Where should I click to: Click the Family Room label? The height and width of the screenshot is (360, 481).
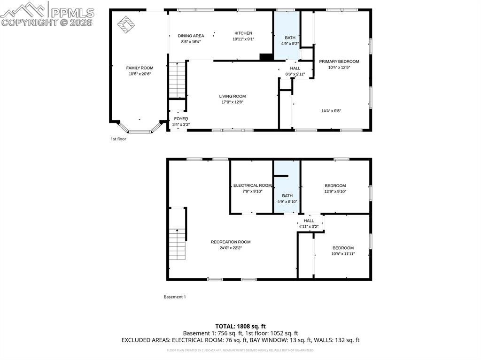tap(140, 68)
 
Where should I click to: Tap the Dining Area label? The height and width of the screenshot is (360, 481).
tap(191, 36)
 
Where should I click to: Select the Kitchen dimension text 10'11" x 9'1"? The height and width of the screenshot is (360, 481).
tap(243, 39)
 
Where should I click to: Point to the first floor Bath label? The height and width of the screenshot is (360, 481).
tap(289, 38)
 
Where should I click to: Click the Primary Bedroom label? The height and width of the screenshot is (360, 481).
tap(339, 61)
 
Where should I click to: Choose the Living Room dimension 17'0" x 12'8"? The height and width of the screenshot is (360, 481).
tap(232, 102)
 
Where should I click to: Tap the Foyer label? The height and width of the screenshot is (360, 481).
tap(181, 119)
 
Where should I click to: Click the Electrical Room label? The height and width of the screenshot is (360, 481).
tap(252, 185)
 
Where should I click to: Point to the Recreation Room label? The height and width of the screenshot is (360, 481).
tap(230, 242)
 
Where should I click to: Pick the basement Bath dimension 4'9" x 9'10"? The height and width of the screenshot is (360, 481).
tap(287, 202)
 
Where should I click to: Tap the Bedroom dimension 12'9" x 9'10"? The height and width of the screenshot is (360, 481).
tap(335, 191)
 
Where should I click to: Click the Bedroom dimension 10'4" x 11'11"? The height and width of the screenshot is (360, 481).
tap(343, 254)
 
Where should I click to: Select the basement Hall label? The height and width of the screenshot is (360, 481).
tap(309, 221)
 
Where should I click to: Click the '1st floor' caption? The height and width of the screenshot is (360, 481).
tap(118, 139)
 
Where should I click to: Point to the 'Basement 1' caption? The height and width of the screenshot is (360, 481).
tap(174, 297)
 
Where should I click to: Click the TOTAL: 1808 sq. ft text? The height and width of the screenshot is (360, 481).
tap(240, 326)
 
